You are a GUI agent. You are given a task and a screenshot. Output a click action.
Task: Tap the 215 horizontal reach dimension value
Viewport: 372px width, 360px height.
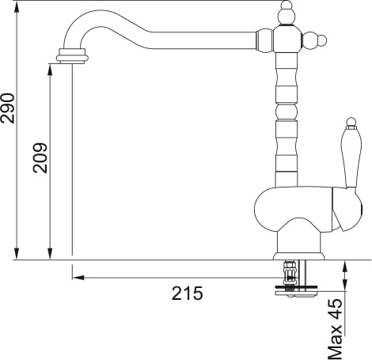coord(188,294)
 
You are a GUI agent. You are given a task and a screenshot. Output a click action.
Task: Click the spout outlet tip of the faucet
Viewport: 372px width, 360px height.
coord(71,57)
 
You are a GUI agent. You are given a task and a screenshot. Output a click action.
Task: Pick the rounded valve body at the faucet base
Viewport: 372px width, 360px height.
coord(293,210)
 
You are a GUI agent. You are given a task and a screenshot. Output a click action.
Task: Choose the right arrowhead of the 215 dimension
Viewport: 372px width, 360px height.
coord(283,277)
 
